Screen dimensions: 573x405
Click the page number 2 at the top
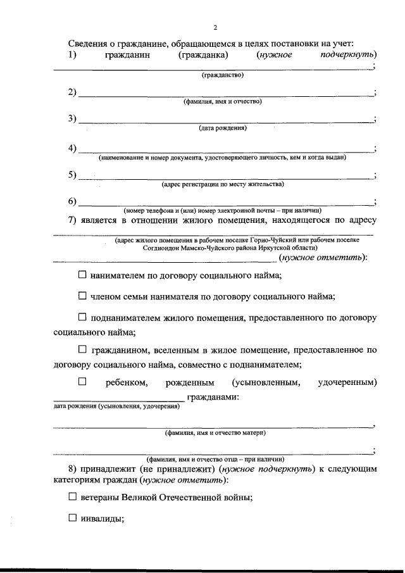tap(215, 27)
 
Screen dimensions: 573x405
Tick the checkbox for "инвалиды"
tap(72, 518)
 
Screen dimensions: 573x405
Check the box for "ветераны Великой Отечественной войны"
tap(72, 497)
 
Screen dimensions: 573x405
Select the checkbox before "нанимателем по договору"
tap(82, 275)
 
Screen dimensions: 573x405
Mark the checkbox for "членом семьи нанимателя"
tap(82, 296)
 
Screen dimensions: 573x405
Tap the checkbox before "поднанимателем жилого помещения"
tap(82, 317)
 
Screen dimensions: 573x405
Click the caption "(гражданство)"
tap(222, 75)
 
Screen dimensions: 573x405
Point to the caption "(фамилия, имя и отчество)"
tap(222, 101)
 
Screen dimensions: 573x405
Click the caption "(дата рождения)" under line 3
tap(222, 128)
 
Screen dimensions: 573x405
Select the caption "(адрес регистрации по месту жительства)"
tap(222, 184)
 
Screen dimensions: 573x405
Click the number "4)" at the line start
tap(72, 148)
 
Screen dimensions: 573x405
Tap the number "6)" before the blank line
tap(72, 201)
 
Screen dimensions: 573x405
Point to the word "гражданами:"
tap(213, 397)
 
